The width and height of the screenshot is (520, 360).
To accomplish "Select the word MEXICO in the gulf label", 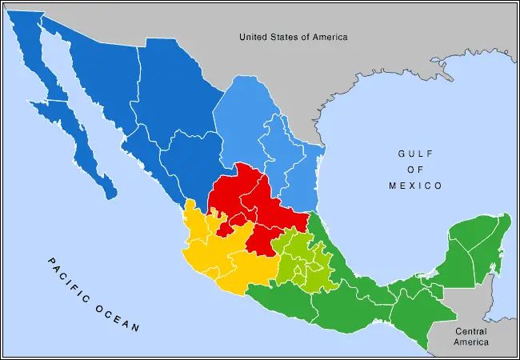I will point(415,186).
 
